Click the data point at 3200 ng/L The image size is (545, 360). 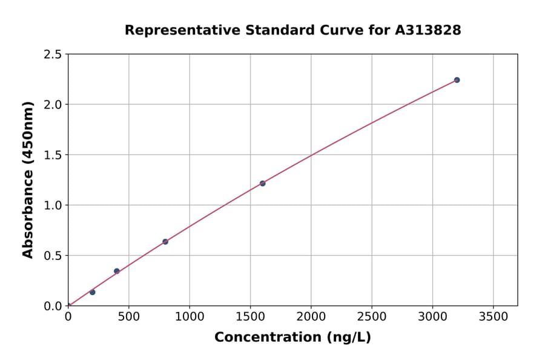(457, 80)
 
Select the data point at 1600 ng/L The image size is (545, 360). (262, 183)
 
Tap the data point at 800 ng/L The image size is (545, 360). (165, 242)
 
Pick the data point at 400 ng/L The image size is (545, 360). (117, 271)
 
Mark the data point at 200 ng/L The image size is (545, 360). (93, 292)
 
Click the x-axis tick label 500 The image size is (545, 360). (128, 316)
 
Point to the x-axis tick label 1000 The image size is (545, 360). (190, 316)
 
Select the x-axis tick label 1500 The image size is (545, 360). (250, 316)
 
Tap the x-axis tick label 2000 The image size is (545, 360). (311, 316)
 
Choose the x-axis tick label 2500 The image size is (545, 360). (372, 316)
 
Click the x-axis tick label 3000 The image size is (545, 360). (432, 316)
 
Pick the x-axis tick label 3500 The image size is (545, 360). (494, 316)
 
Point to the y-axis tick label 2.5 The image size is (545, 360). (53, 55)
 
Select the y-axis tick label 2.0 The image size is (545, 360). (53, 105)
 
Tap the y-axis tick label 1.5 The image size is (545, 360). (53, 155)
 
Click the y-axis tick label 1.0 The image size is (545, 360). (53, 205)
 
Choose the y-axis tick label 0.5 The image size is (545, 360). (53, 256)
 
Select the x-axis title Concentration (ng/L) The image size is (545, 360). (292, 338)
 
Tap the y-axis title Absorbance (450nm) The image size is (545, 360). (28, 179)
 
